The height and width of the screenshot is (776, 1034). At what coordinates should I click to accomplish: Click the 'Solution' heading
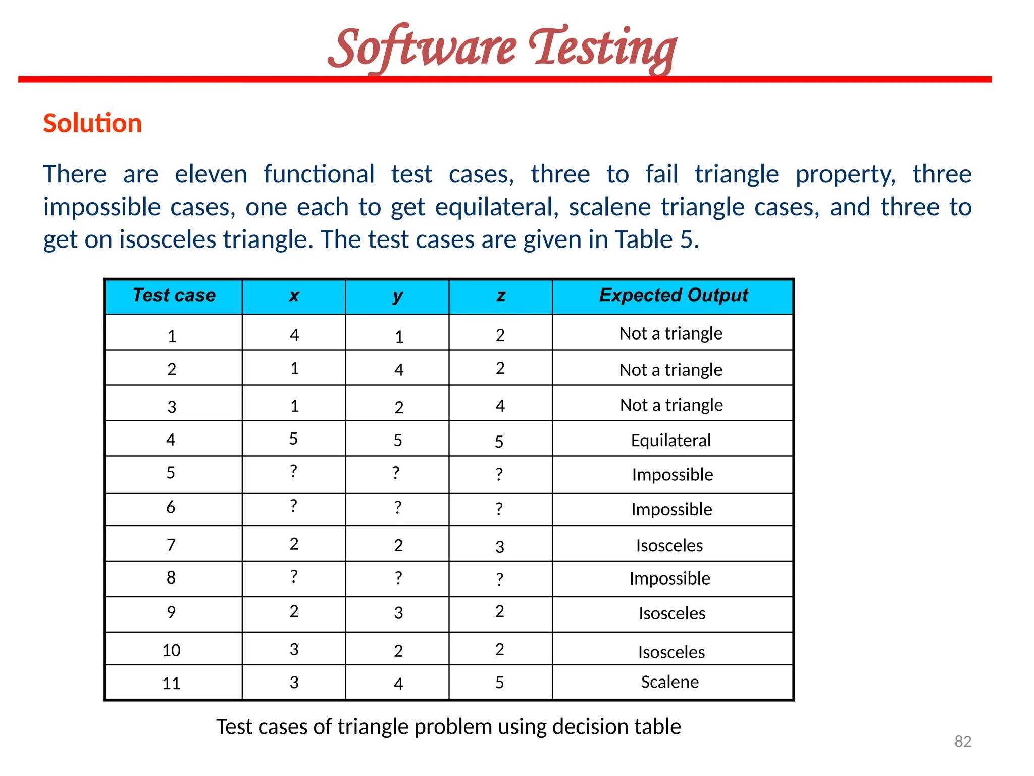(92, 123)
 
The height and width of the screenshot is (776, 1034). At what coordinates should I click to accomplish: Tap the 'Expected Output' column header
(673, 295)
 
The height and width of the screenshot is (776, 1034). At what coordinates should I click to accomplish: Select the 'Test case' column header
(174, 295)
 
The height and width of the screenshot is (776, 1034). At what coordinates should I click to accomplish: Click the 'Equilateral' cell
(670, 441)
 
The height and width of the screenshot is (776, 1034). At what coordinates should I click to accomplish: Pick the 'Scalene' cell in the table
(670, 682)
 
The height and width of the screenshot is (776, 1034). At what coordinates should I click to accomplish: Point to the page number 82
(963, 741)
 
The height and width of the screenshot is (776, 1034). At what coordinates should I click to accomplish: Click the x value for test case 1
(294, 335)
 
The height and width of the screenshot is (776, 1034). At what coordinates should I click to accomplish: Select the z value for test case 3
(500, 406)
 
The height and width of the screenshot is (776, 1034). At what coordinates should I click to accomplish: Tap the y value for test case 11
(398, 684)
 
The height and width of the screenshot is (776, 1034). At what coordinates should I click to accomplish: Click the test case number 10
(171, 650)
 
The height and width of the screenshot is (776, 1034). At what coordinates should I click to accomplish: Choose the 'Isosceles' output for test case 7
(669, 546)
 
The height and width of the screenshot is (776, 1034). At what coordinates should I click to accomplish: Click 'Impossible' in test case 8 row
(669, 578)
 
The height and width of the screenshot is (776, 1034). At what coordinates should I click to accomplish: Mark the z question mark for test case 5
(499, 474)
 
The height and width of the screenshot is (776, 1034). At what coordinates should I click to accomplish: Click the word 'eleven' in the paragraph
(211, 174)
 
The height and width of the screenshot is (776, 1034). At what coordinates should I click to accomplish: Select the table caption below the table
(448, 726)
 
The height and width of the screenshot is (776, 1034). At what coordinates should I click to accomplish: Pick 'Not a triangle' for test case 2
(670, 370)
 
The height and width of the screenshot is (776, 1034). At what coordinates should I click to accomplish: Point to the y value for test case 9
(398, 613)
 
